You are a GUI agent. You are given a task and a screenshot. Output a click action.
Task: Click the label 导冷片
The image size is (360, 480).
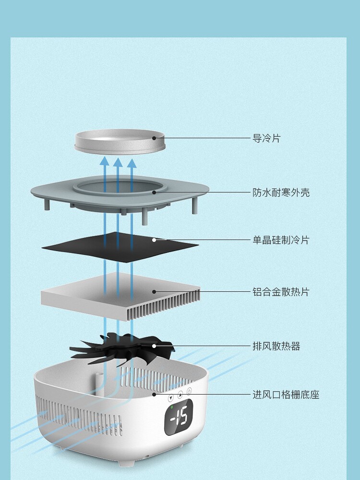click(x=266, y=138)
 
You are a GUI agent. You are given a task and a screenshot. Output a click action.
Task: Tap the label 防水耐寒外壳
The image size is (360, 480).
click(x=281, y=192)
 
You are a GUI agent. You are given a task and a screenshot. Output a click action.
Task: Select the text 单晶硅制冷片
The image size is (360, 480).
click(x=281, y=240)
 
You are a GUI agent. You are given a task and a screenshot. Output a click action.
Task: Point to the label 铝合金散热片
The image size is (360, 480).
click(x=281, y=292)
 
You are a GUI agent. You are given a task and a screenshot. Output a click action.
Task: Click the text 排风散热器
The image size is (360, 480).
click(x=276, y=346)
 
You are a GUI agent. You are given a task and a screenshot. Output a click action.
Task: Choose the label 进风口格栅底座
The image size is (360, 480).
click(x=286, y=395)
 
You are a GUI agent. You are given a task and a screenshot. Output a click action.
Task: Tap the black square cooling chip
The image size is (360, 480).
click(x=120, y=248)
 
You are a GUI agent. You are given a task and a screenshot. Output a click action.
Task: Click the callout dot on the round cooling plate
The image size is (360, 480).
click(x=154, y=138)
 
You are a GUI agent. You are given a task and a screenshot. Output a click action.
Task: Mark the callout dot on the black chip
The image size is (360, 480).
click(x=154, y=240)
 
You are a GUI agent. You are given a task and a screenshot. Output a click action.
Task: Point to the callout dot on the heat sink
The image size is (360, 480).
click(x=154, y=291)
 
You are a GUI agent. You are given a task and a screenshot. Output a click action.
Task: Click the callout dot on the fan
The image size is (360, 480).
click(x=154, y=346)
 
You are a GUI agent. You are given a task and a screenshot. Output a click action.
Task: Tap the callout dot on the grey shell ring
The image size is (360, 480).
click(x=154, y=192)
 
